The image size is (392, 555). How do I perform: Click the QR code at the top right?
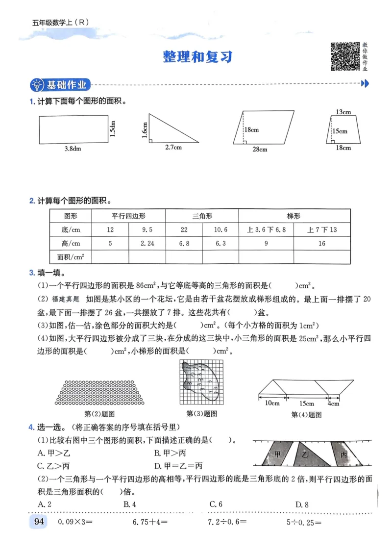click(345, 56)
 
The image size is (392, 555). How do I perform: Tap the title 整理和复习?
click(197, 57)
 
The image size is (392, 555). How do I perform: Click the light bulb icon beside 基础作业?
click(37, 85)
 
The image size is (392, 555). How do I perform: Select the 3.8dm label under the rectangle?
click(73, 149)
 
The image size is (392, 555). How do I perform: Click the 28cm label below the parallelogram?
click(260, 149)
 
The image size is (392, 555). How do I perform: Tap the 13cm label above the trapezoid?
click(343, 112)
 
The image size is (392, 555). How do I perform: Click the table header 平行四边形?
click(128, 216)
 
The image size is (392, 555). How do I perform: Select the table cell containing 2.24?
click(147, 243)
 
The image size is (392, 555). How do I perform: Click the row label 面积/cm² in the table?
click(71, 256)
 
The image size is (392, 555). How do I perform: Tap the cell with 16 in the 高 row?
click(321, 243)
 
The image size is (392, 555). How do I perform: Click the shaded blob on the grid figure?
click(201, 378)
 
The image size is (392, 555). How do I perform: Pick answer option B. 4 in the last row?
click(129, 504)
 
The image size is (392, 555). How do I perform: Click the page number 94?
click(39, 522)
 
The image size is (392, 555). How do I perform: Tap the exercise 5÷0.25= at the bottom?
click(304, 522)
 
